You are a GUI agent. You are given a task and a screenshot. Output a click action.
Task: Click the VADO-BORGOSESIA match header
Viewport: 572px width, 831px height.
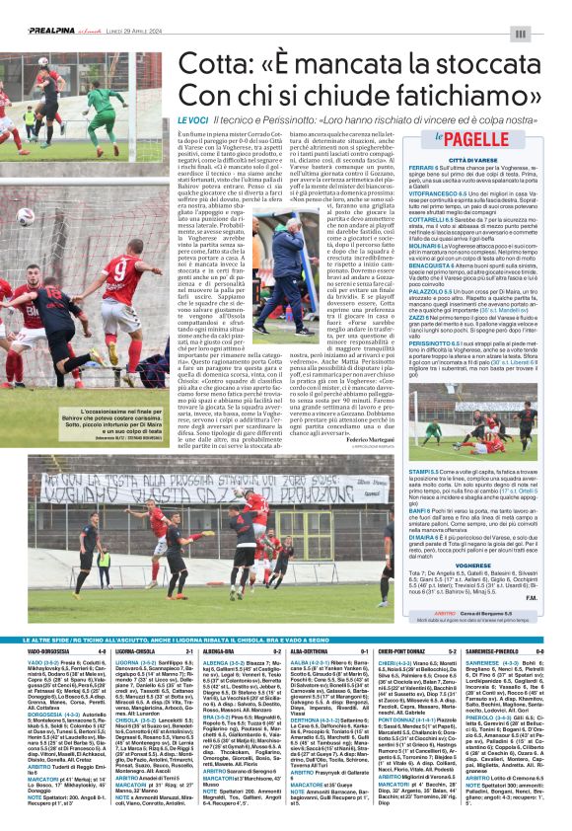point(48,650)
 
